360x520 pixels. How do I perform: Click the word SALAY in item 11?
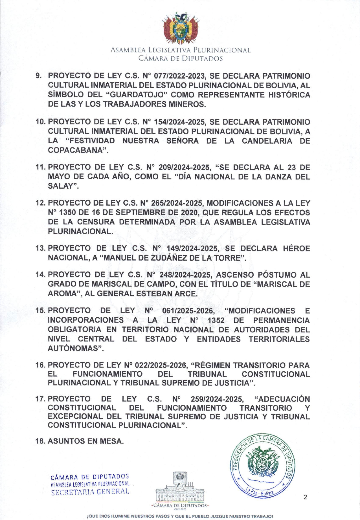tap(60, 186)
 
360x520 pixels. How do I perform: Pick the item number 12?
tap(40, 203)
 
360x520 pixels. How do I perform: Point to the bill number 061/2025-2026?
tap(188, 311)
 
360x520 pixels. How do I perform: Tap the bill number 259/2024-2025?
tap(216, 399)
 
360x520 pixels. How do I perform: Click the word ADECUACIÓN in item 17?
tap(284, 399)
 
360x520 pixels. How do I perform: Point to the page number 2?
tap(305, 497)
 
